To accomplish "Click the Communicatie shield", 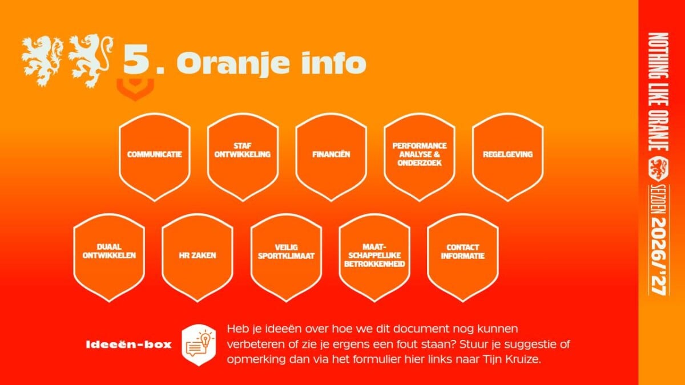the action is (155, 157).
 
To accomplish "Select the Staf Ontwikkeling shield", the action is (243, 157).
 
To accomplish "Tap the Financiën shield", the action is (331, 157).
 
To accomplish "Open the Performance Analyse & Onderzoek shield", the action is (419, 157).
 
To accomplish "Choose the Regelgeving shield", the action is (507, 157).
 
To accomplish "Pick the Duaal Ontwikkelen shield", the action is (109, 258).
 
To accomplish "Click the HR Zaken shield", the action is (198, 258).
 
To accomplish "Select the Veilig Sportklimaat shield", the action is (286, 258).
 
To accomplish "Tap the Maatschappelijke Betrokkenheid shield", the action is (374, 258).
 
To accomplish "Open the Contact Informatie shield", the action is (463, 258).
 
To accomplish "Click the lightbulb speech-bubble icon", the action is (199, 345).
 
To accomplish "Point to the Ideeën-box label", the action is (129, 345).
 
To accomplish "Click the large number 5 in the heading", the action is (136, 59).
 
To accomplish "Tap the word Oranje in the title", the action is (233, 63).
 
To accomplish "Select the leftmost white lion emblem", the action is (42, 60).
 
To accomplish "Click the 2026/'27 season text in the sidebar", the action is (659, 256).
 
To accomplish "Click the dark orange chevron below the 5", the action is (135, 88).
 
